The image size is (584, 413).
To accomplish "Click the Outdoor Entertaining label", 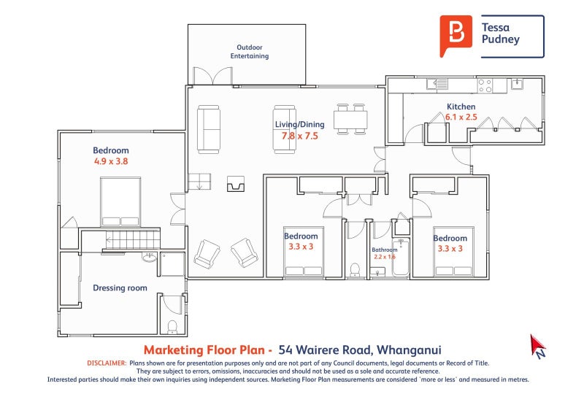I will click(x=250, y=52).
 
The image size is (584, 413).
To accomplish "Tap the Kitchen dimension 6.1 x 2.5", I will click(x=461, y=117).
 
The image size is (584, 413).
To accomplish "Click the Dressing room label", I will click(x=120, y=288).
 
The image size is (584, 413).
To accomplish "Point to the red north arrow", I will click(x=539, y=346).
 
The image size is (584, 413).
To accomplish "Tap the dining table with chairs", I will click(x=350, y=120).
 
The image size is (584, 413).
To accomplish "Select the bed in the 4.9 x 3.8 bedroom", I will click(x=120, y=202).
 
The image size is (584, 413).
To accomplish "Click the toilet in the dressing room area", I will click(x=172, y=325).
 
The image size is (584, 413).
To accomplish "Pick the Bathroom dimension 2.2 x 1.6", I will click(x=384, y=257).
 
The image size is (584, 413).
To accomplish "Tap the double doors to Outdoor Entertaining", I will click(x=206, y=75).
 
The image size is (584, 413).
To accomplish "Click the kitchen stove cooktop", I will click(x=487, y=85).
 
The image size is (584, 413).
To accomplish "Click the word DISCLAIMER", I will click(x=107, y=363).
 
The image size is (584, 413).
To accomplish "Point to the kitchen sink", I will click(x=517, y=84).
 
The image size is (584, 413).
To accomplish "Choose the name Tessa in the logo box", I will click(x=495, y=28).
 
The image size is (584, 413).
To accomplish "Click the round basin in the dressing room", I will click(x=150, y=258).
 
